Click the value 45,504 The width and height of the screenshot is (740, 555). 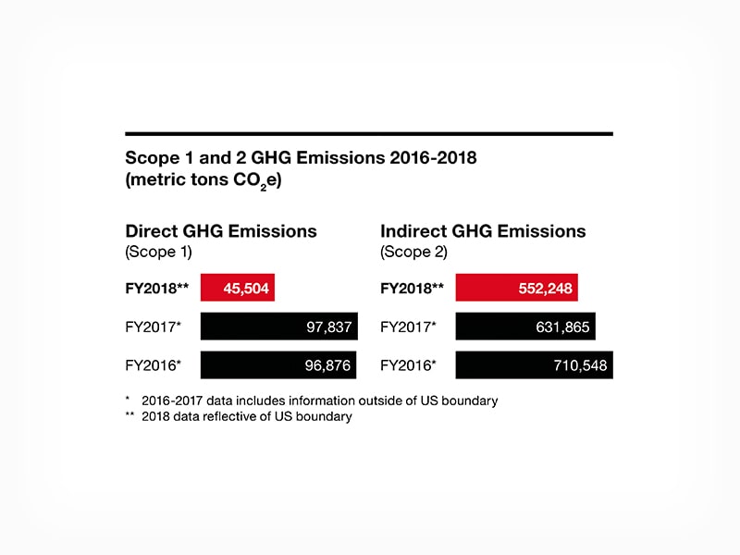click(x=246, y=289)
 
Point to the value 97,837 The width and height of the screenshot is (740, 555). click(x=328, y=327)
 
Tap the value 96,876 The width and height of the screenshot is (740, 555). click(x=328, y=365)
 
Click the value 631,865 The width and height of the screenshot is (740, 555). click(x=564, y=327)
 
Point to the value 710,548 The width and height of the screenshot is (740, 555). click(x=581, y=365)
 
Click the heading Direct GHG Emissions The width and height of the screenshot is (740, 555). click(x=221, y=231)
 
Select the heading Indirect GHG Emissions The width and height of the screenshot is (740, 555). click(x=483, y=231)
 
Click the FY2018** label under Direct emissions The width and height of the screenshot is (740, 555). click(x=156, y=289)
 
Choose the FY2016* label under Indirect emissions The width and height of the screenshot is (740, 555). click(x=408, y=365)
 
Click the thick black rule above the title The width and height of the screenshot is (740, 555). click(x=369, y=134)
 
